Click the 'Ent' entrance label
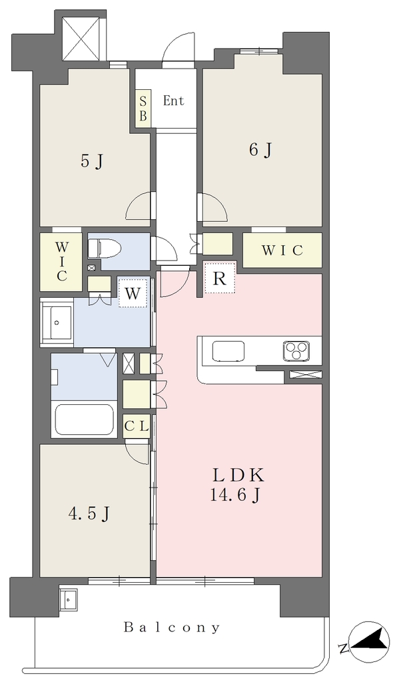pyautogui.click(x=173, y=101)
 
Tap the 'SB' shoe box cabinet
pyautogui.click(x=143, y=109)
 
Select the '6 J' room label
pyautogui.click(x=260, y=150)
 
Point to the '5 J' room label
pyautogui.click(x=93, y=161)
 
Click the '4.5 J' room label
pyautogui.click(x=89, y=514)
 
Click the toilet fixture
pyautogui.click(x=104, y=249)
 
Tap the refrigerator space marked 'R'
pyautogui.click(x=220, y=278)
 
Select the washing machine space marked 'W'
pyautogui.click(x=133, y=293)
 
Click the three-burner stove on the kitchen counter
pyautogui.click(x=296, y=350)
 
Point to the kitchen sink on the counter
pyautogui.click(x=228, y=351)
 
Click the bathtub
pyautogui.click(x=83, y=420)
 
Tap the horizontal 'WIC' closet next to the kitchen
pyautogui.click(x=282, y=250)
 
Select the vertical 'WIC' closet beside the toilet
pyautogui.click(x=61, y=262)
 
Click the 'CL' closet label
pyautogui.click(x=137, y=426)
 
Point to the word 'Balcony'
pyautogui.click(x=172, y=627)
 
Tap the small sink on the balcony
pyautogui.click(x=69, y=601)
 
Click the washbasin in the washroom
pyautogui.click(x=57, y=322)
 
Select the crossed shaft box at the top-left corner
pyautogui.click(x=83, y=38)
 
